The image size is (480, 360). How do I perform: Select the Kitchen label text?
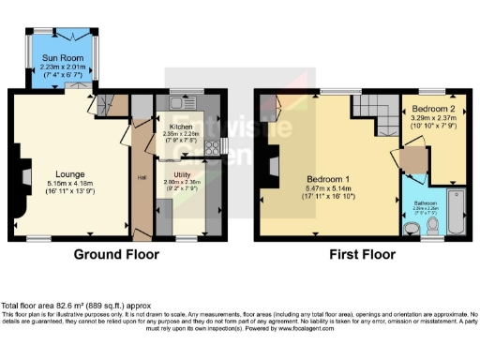point(180,125)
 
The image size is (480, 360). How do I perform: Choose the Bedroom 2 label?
point(431,110)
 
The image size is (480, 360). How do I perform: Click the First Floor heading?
point(361,254)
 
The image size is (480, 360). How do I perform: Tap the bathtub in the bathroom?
point(456,212)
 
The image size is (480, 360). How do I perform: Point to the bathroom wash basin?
point(411,228)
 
